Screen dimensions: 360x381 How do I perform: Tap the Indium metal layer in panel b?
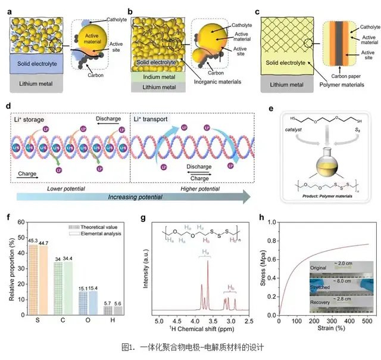pyautogui.click(x=157, y=76)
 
